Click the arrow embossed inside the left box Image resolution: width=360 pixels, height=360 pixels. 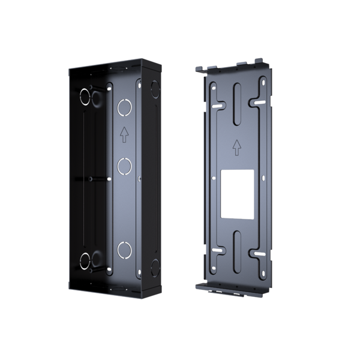pos(124,134)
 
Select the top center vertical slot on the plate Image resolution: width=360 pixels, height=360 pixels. pos(237,96)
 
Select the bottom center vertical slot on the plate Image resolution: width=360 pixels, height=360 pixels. pos(237,258)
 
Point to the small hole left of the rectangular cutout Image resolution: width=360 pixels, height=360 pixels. pos(214,178)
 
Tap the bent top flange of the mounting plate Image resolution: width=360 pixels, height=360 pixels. pos(234,65)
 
